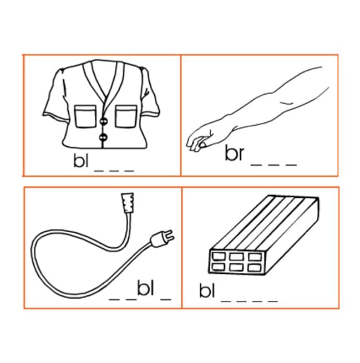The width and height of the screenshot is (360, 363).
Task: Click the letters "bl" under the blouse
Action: pyautogui.click(x=81, y=160)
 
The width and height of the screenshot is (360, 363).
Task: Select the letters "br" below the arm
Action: pyautogui.click(x=235, y=153)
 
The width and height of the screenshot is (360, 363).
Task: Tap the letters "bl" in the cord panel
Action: pyautogui.click(x=146, y=288)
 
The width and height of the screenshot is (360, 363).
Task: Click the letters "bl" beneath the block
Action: pyautogui.click(x=207, y=290)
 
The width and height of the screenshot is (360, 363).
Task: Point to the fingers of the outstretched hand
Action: pyautogui.click(x=196, y=143)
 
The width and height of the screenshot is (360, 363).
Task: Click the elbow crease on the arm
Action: pyautogui.click(x=287, y=103)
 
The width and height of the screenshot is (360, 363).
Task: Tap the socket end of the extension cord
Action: pyautogui.click(x=127, y=203)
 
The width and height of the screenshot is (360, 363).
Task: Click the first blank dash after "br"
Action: pyautogui.click(x=256, y=165)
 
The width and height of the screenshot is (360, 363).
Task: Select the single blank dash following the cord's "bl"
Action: pyautogui.click(x=166, y=299)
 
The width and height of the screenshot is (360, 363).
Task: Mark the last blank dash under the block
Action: pyautogui.click(x=273, y=301)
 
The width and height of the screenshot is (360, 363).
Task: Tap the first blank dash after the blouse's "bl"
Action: pyautogui.click(x=99, y=171)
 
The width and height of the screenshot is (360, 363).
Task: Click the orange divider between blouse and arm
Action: pyautogui.click(x=181, y=115)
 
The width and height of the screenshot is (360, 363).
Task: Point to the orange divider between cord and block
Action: pyautogui.click(x=182, y=248)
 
